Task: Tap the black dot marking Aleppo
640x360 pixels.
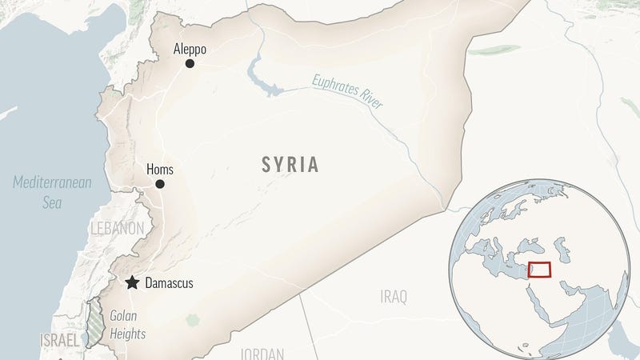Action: point(190,63)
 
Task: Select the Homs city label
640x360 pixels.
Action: point(160,170)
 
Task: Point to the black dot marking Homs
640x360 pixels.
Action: point(160,184)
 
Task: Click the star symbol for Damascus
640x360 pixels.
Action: point(132,282)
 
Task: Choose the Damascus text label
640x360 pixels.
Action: point(168,283)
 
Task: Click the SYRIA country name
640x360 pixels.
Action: point(290,166)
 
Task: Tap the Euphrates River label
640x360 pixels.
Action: point(347,91)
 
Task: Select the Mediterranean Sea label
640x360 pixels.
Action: point(52,192)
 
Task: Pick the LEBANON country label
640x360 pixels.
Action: point(117,229)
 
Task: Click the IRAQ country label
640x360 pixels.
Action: point(393,297)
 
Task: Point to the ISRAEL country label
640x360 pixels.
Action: point(60,341)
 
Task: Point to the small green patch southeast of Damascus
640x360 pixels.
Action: point(192,320)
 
